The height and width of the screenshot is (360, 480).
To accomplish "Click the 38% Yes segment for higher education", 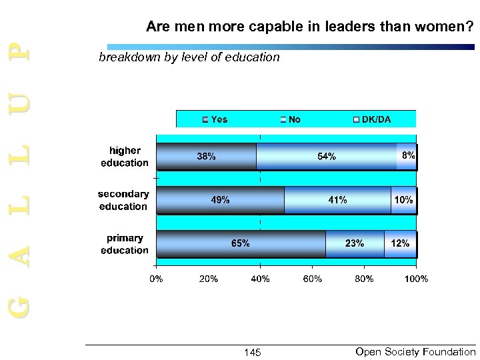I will (206, 157).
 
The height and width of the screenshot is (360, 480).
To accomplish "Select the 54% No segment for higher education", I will (327, 157).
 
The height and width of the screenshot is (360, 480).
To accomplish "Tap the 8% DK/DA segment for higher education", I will (407, 157).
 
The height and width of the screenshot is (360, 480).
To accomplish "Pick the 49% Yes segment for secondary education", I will (220, 200).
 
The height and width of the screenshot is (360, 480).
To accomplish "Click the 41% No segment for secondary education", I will (337, 200).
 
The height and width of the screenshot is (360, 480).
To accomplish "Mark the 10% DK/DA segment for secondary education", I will (403, 200).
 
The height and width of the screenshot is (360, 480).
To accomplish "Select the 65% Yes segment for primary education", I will (240, 244).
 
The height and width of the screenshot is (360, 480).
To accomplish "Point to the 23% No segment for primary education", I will (355, 244).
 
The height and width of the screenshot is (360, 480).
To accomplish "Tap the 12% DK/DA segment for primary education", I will (400, 244).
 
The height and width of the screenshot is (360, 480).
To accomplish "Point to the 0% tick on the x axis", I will (155, 279).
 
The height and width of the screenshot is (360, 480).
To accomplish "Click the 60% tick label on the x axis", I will (312, 279).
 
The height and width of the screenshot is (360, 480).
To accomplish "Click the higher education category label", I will (125, 157).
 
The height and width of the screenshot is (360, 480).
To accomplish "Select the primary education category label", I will (125, 244).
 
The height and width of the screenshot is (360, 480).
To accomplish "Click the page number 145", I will (253, 352).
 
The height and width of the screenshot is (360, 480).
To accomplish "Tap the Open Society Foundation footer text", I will (416, 351).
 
